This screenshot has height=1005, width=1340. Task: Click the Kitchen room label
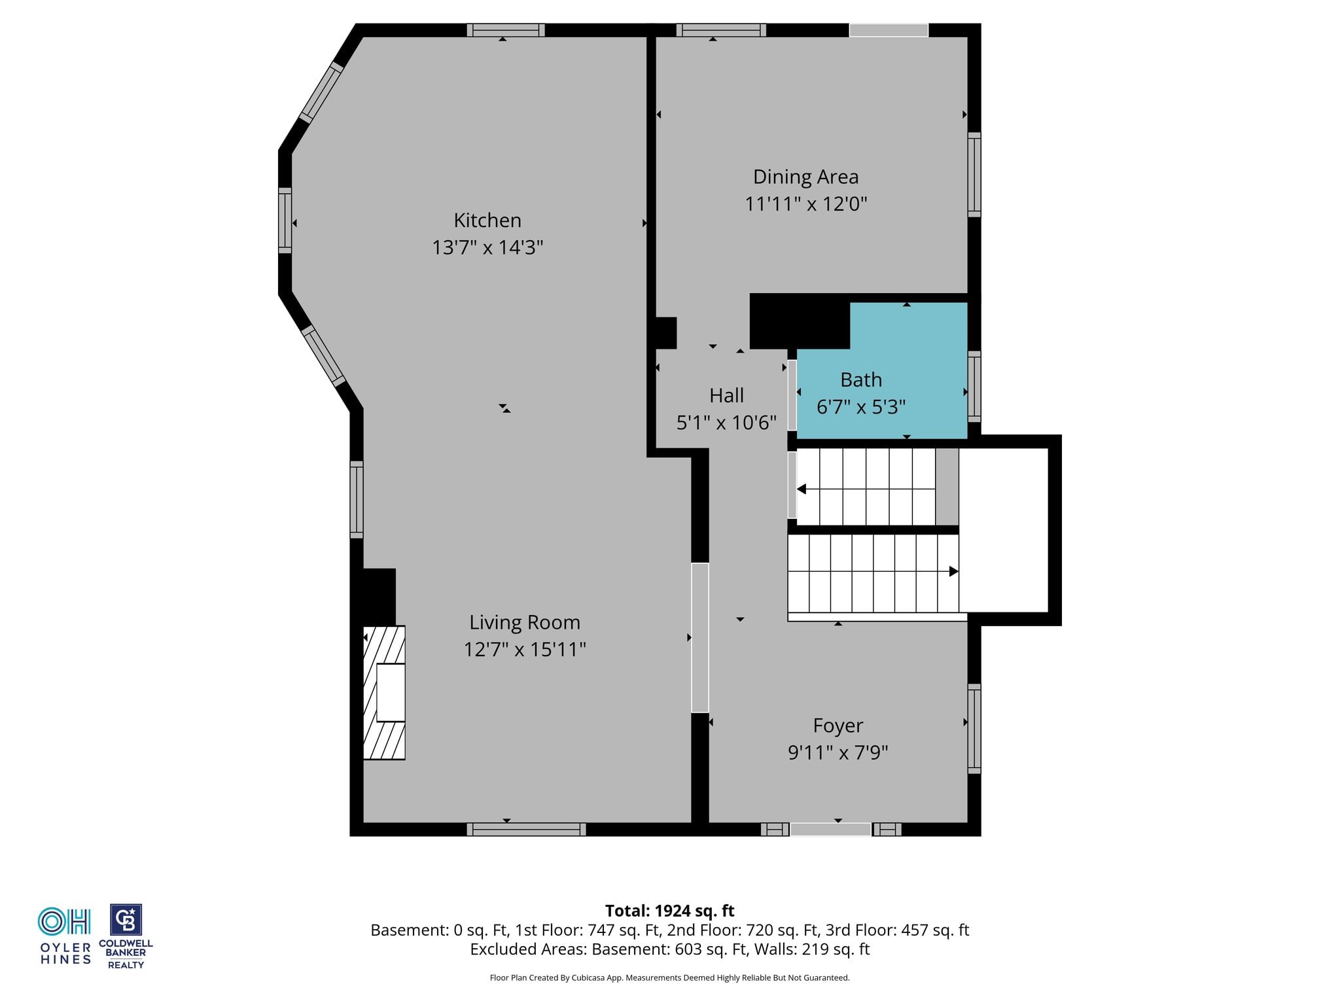pyautogui.click(x=487, y=220)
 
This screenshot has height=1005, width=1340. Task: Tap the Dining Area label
pyautogui.click(x=805, y=177)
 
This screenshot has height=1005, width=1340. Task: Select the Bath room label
pyautogui.click(x=861, y=379)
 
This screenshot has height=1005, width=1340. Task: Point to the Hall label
pyautogui.click(x=726, y=395)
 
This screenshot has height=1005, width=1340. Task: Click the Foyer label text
pyautogui.click(x=838, y=726)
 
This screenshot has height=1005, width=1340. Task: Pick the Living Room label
pyautogui.click(x=525, y=622)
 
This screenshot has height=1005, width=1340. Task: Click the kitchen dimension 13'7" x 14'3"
pyautogui.click(x=487, y=247)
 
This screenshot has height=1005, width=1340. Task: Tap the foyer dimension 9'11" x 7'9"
pyautogui.click(x=838, y=752)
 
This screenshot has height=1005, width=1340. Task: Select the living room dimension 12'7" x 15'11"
pyautogui.click(x=525, y=649)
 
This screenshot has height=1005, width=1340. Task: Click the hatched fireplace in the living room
pyautogui.click(x=384, y=693)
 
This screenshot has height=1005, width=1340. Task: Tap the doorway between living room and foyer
pyautogui.click(x=700, y=638)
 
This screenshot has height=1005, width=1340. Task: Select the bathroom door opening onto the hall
pyautogui.click(x=792, y=395)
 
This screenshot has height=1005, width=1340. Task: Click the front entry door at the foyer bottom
pyautogui.click(x=831, y=830)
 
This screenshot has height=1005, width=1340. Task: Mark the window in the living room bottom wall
pyautogui.click(x=526, y=830)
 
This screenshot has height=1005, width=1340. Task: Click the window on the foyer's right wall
pyautogui.click(x=974, y=728)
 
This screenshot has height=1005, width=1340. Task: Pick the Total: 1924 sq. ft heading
pyautogui.click(x=669, y=911)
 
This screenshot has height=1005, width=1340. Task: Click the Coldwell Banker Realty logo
pyautogui.click(x=126, y=936)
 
